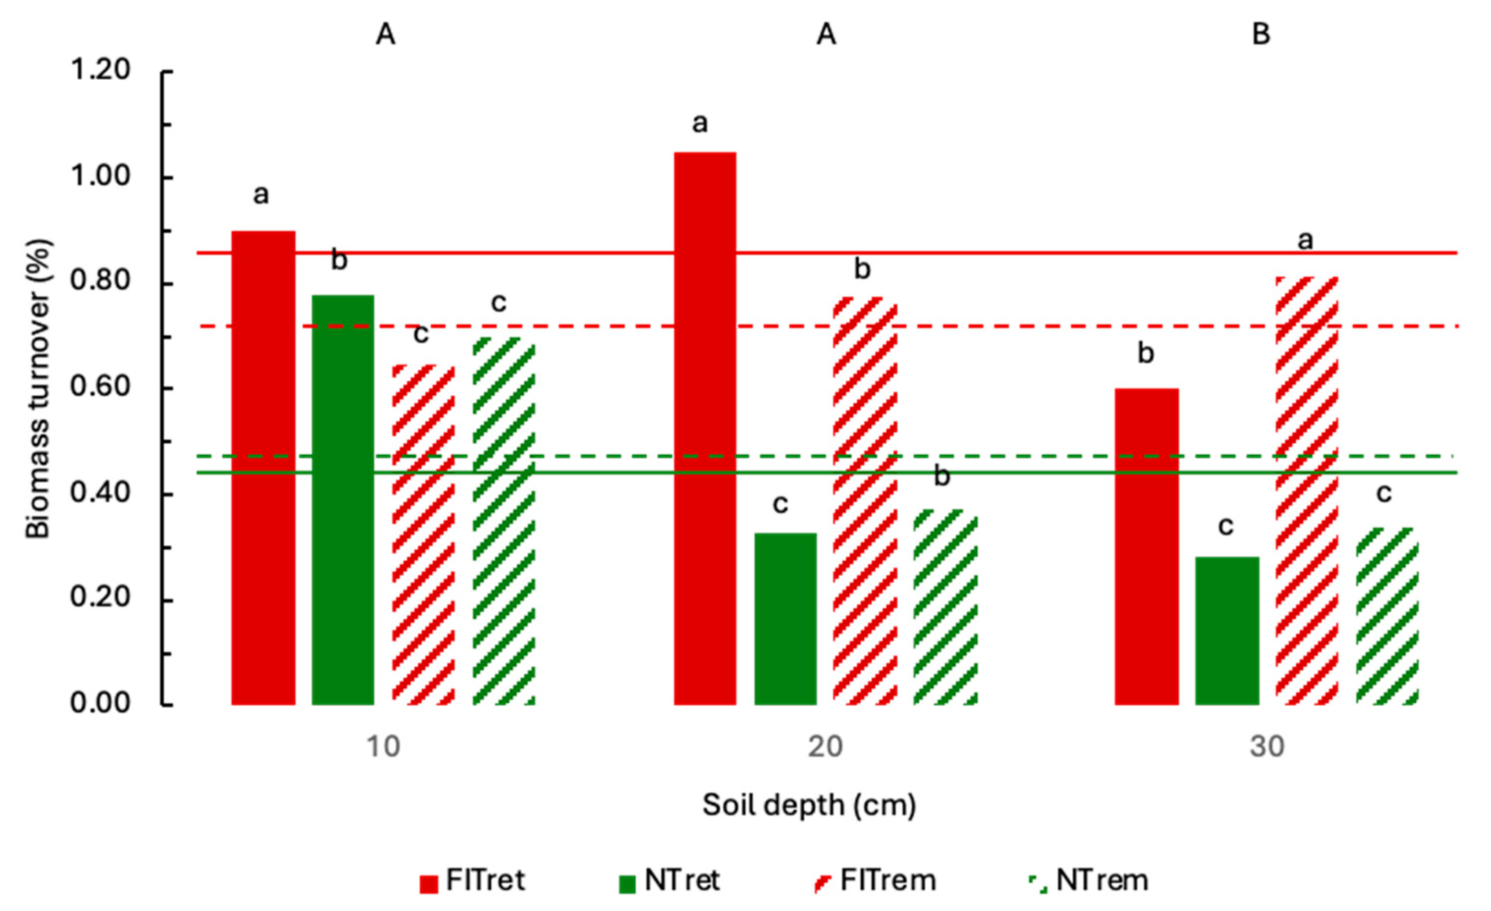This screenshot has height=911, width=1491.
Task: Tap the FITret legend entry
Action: click(473, 881)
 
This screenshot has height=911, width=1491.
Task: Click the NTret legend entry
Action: click(668, 881)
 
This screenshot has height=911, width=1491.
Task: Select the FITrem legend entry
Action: click(875, 881)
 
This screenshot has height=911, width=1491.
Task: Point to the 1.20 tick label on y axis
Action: click(101, 71)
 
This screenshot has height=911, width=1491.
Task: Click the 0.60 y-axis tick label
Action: click(101, 387)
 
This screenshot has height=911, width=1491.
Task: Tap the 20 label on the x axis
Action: click(826, 747)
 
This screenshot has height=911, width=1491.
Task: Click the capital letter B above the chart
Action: click(1261, 35)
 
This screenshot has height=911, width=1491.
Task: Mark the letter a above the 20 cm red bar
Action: click(700, 124)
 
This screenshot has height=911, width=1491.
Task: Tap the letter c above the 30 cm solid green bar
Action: click(1225, 526)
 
